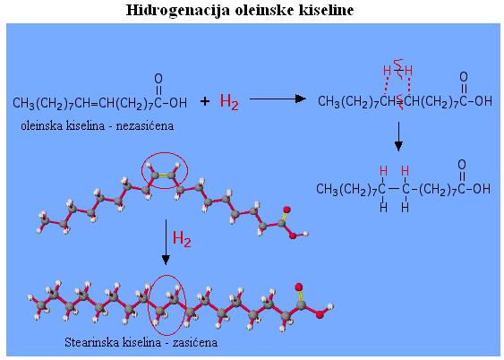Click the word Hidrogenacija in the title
pyautogui.click(x=178, y=10)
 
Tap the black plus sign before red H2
pyautogui.click(x=205, y=101)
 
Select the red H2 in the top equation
pyautogui.click(x=229, y=101)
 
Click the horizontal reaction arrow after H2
pyautogui.click(x=278, y=99)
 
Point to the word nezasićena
pyautogui.click(x=145, y=125)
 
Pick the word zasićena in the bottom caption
pyautogui.click(x=195, y=342)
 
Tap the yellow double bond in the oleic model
pyautogui.click(x=163, y=176)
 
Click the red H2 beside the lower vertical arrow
pyautogui.click(x=182, y=238)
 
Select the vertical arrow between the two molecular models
pyautogui.click(x=166, y=242)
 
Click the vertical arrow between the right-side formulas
pyautogui.click(x=398, y=136)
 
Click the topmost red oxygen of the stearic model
pyautogui.click(x=299, y=287)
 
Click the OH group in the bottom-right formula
pyautogui.click(x=482, y=189)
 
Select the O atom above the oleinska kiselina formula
pyautogui.click(x=158, y=79)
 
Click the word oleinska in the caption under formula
pyautogui.click(x=40, y=125)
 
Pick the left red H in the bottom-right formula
pyautogui.click(x=383, y=170)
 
